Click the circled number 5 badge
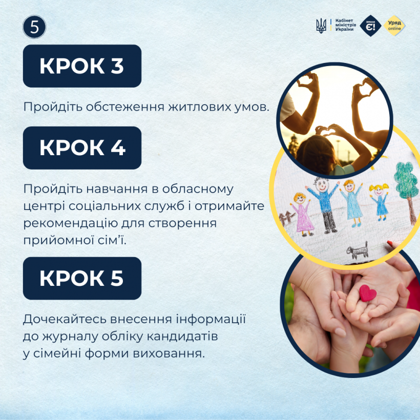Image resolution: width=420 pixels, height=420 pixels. pyautogui.click(x=34, y=27)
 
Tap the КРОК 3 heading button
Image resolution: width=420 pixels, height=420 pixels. pyautogui.click(x=82, y=66)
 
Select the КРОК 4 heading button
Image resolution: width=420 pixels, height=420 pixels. pyautogui.click(x=82, y=148)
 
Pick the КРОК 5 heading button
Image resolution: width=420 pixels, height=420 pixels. pyautogui.click(x=82, y=278)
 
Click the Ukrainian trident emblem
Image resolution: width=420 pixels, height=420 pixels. pyautogui.click(x=321, y=26)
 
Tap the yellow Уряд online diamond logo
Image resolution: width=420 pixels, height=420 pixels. pyautogui.click(x=394, y=26)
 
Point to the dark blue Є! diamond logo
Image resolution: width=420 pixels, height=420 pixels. pyautogui.click(x=370, y=26)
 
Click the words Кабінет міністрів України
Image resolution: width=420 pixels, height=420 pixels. pyautogui.click(x=345, y=25)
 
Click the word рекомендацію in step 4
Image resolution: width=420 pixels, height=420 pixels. pyautogui.click(x=71, y=223)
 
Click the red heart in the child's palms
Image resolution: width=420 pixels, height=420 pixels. pyautogui.click(x=368, y=293)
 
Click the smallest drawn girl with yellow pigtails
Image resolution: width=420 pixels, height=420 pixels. pyautogui.click(x=379, y=201)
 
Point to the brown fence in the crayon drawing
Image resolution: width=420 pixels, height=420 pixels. pyautogui.click(x=287, y=218)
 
